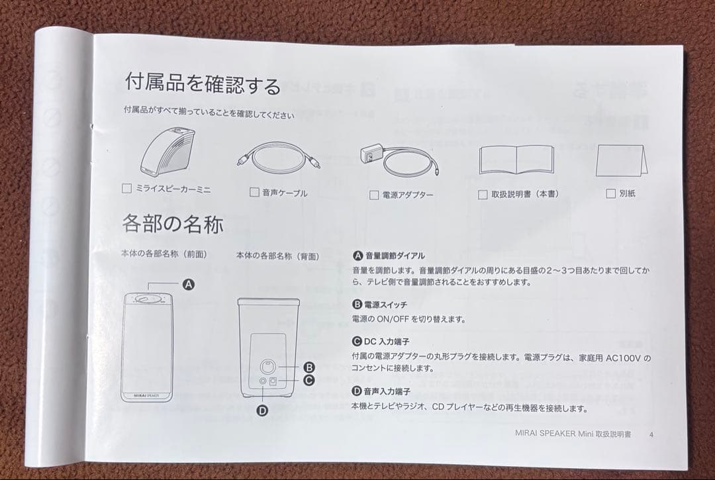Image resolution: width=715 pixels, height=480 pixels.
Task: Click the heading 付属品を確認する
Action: point(203,83)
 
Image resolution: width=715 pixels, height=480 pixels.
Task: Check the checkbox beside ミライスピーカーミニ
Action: point(127,189)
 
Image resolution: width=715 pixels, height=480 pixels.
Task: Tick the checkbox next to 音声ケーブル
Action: point(254,193)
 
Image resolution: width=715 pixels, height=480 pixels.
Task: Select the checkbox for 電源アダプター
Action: point(374,195)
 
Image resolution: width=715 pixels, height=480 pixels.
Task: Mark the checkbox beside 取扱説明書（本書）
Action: point(483,195)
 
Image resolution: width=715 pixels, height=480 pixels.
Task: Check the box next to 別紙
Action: point(611,194)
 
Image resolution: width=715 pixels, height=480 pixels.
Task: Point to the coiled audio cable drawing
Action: point(278,159)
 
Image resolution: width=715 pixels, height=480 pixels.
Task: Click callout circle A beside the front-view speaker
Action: point(188,284)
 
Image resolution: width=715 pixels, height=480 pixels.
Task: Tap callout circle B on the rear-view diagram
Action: point(308,367)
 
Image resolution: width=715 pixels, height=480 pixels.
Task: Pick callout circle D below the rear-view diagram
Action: point(262,410)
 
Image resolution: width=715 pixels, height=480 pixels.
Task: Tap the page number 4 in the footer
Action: point(651,435)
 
